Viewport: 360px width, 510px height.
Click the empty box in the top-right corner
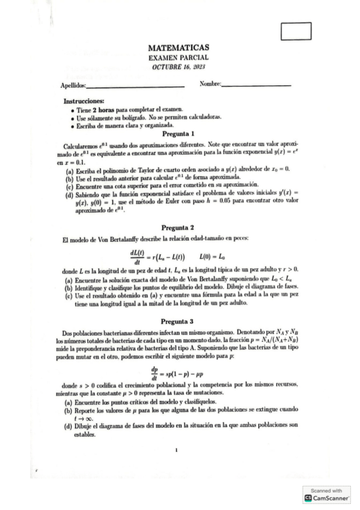296,31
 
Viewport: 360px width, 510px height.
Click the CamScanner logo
326,497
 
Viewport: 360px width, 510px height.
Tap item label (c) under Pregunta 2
69,296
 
